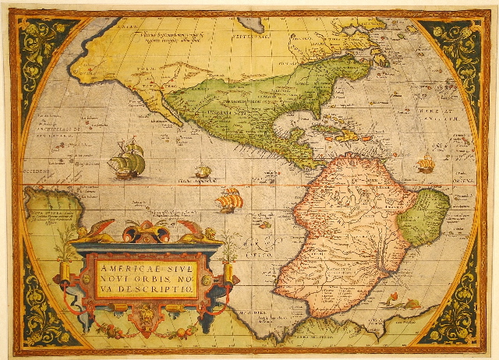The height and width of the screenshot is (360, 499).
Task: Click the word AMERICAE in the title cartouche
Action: point(124,266)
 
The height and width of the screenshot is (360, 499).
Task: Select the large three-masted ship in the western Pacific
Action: point(127,160)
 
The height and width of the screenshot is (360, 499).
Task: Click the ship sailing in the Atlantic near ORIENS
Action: point(426,164)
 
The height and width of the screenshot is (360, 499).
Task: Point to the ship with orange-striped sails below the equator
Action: point(228,200)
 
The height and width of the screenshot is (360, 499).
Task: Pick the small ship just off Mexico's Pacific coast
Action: point(203,170)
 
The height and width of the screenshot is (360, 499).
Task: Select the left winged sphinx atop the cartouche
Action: point(100,231)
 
